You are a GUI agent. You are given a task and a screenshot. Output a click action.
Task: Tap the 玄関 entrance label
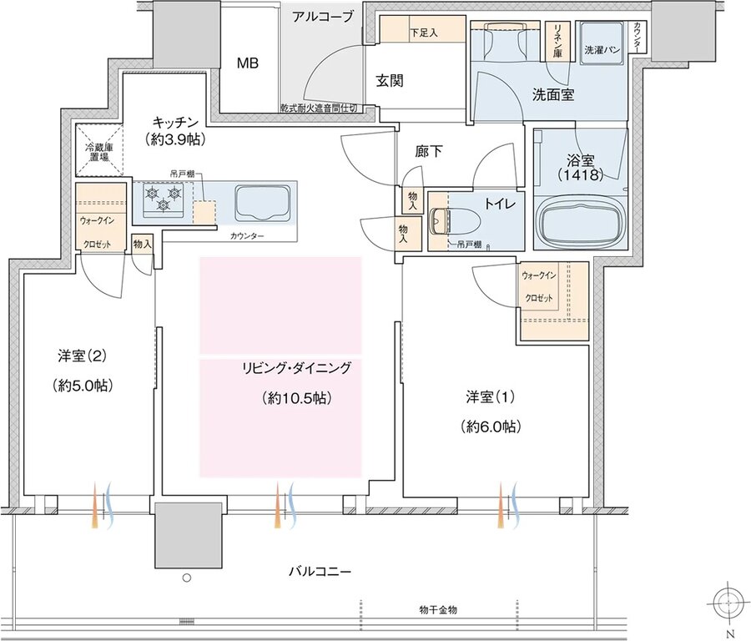[389, 81]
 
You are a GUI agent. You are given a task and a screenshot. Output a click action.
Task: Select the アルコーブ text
[323, 16]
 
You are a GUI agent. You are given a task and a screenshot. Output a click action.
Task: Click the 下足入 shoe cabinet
[422, 33]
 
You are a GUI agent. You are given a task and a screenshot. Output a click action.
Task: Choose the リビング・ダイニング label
[296, 367]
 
